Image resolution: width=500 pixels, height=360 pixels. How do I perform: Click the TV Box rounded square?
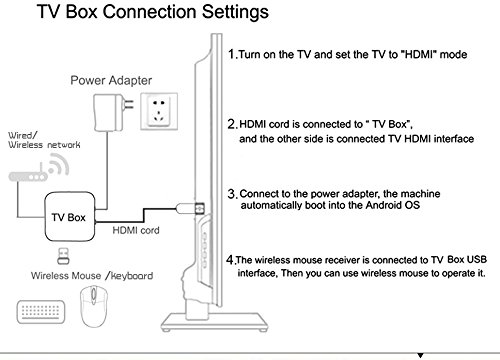tap(70, 216)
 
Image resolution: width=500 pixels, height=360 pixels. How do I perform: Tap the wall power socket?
tap(159, 111)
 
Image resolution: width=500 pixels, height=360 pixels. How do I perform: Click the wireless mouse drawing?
tap(94, 306)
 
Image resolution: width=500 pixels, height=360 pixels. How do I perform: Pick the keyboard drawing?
tap(41, 312)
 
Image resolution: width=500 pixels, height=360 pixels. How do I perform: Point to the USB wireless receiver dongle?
tap(63, 256)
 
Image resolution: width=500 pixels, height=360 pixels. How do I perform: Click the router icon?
tap(39, 168)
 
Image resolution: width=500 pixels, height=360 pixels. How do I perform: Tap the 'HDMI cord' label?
tap(136, 230)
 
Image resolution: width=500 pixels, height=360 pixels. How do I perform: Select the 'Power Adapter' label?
tap(111, 80)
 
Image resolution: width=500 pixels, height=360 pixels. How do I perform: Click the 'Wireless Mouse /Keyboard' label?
tap(92, 276)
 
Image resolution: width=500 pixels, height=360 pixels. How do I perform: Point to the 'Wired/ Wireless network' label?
tap(44, 140)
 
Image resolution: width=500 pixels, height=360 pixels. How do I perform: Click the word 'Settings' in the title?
tap(235, 12)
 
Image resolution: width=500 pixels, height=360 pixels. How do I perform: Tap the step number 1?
tap(232, 54)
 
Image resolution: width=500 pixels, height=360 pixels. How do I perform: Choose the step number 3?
tap(232, 193)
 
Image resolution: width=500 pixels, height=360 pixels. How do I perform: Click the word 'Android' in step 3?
tap(383, 205)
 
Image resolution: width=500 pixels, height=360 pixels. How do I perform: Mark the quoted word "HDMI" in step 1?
tap(420, 54)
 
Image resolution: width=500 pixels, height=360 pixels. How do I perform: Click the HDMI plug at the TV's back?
tap(190, 208)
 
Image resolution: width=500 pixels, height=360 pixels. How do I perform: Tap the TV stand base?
tap(214, 322)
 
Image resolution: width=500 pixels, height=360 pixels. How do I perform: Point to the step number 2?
tap(232, 124)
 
